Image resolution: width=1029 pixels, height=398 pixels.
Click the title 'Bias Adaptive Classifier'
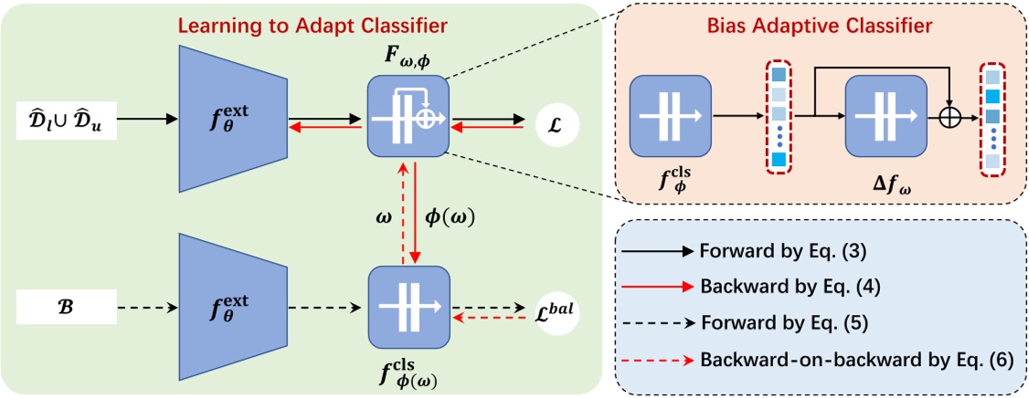[x=820, y=25]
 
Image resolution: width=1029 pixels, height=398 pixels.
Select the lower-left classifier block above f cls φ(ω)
[x=407, y=306]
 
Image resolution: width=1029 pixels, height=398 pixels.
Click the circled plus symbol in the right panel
[x=950, y=117]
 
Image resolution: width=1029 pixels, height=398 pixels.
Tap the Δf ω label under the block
[x=887, y=185]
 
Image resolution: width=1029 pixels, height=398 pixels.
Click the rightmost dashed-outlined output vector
[x=992, y=117]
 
